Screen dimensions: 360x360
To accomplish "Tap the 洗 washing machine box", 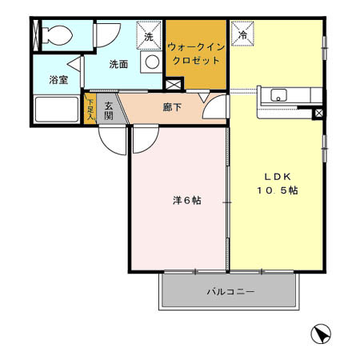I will coord(148,35).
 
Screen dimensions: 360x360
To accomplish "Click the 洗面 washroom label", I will coord(119,64).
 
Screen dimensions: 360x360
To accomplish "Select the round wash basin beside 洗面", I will coord(150,62).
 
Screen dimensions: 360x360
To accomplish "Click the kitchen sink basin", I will coord(280,96).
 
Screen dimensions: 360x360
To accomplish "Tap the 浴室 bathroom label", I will coord(58,79).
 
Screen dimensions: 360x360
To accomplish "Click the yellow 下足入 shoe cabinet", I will coord(90,109).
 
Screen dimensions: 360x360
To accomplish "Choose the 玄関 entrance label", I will coord(109,110).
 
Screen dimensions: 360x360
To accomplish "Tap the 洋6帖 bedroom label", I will coord(186,199).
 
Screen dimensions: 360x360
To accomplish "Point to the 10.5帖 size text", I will coord(278,191).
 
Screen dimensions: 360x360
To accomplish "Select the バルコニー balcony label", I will coord(230,292).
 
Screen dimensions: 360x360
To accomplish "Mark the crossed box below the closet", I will coord(174,84).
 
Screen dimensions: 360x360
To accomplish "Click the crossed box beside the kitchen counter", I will coord(319,113).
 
